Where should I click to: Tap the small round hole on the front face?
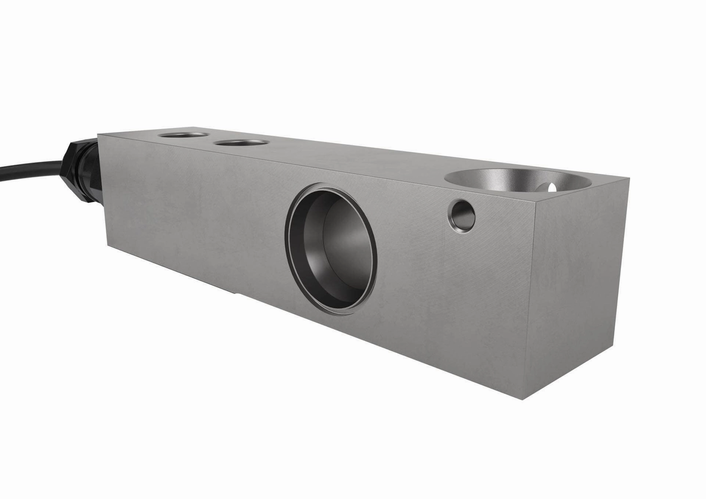pos(462,215)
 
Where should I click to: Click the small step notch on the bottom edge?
pos(236,293)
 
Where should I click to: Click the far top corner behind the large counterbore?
pos(629,178)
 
